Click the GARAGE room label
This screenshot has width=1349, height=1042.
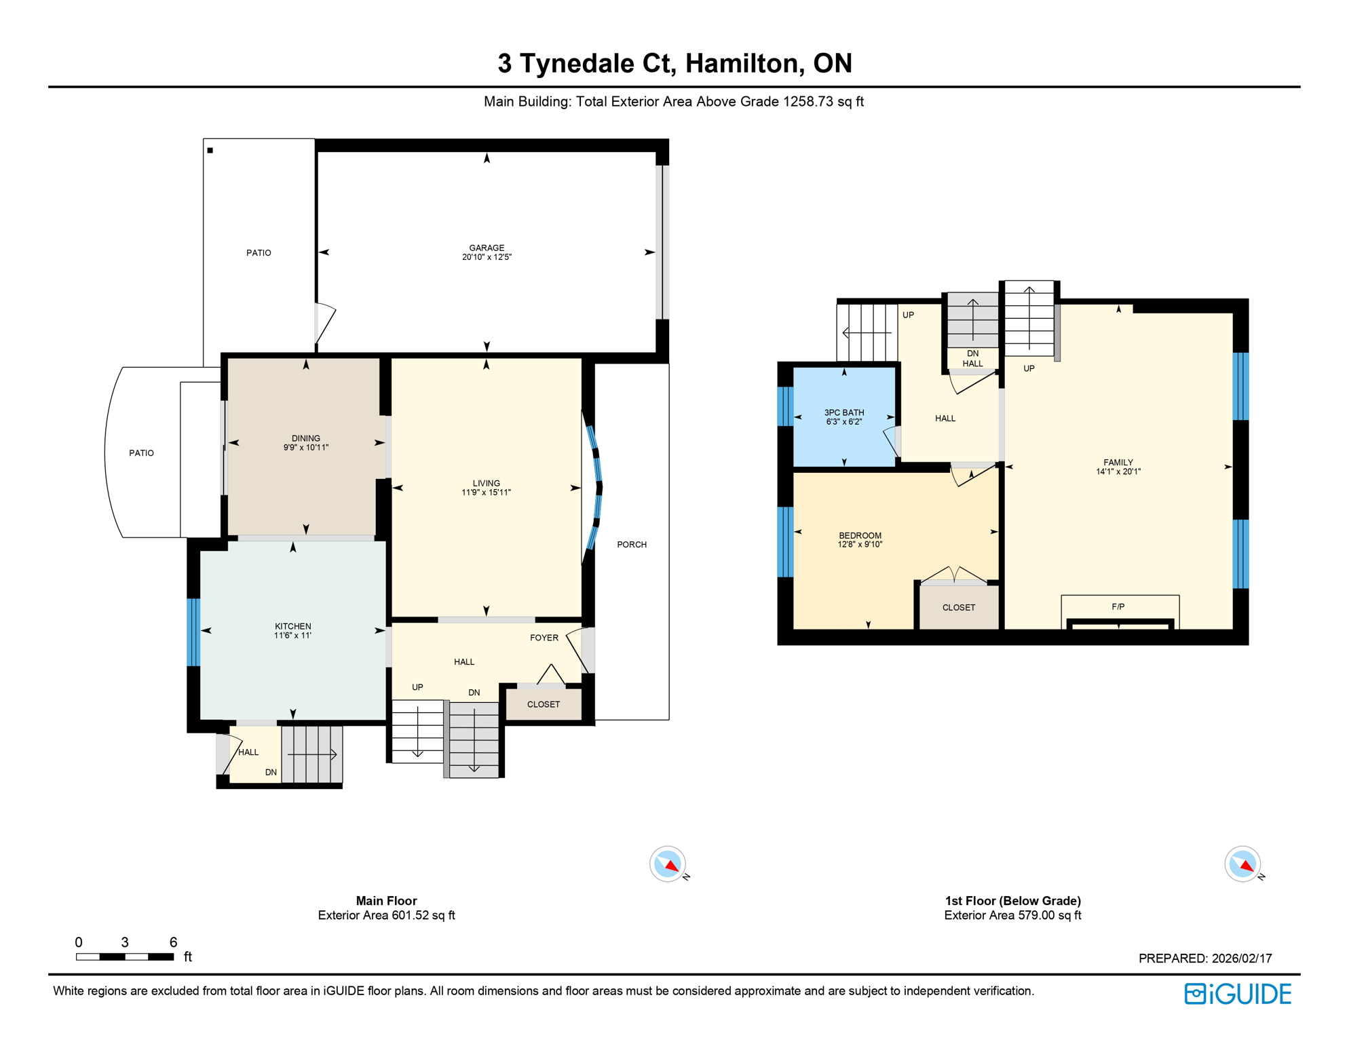pos(487,248)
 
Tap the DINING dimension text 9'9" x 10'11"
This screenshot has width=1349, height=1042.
pos(306,448)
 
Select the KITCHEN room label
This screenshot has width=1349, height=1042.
pos(292,626)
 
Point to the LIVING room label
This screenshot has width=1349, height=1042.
pos(486,483)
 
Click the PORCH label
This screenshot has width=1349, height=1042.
pos(631,545)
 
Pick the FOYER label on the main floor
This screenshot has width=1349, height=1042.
pos(544,638)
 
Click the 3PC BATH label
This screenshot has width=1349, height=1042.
pos(843,412)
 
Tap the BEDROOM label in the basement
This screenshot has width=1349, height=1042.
pos(860,535)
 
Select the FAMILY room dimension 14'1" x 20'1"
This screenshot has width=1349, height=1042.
pos(1118,471)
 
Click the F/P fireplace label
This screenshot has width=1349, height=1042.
pos(1118,606)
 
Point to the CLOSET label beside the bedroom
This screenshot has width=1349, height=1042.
pos(958,608)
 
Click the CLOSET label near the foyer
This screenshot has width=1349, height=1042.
pos(543,704)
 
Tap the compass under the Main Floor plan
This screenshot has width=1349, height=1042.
pos(668,864)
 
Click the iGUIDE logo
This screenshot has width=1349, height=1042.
pos(1238,994)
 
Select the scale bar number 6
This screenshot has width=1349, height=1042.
pos(173,942)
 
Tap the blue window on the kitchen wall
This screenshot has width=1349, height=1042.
pos(193,632)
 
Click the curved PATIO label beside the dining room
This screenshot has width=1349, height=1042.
pos(141,453)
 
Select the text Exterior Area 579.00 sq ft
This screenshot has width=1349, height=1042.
pos(1012,915)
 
